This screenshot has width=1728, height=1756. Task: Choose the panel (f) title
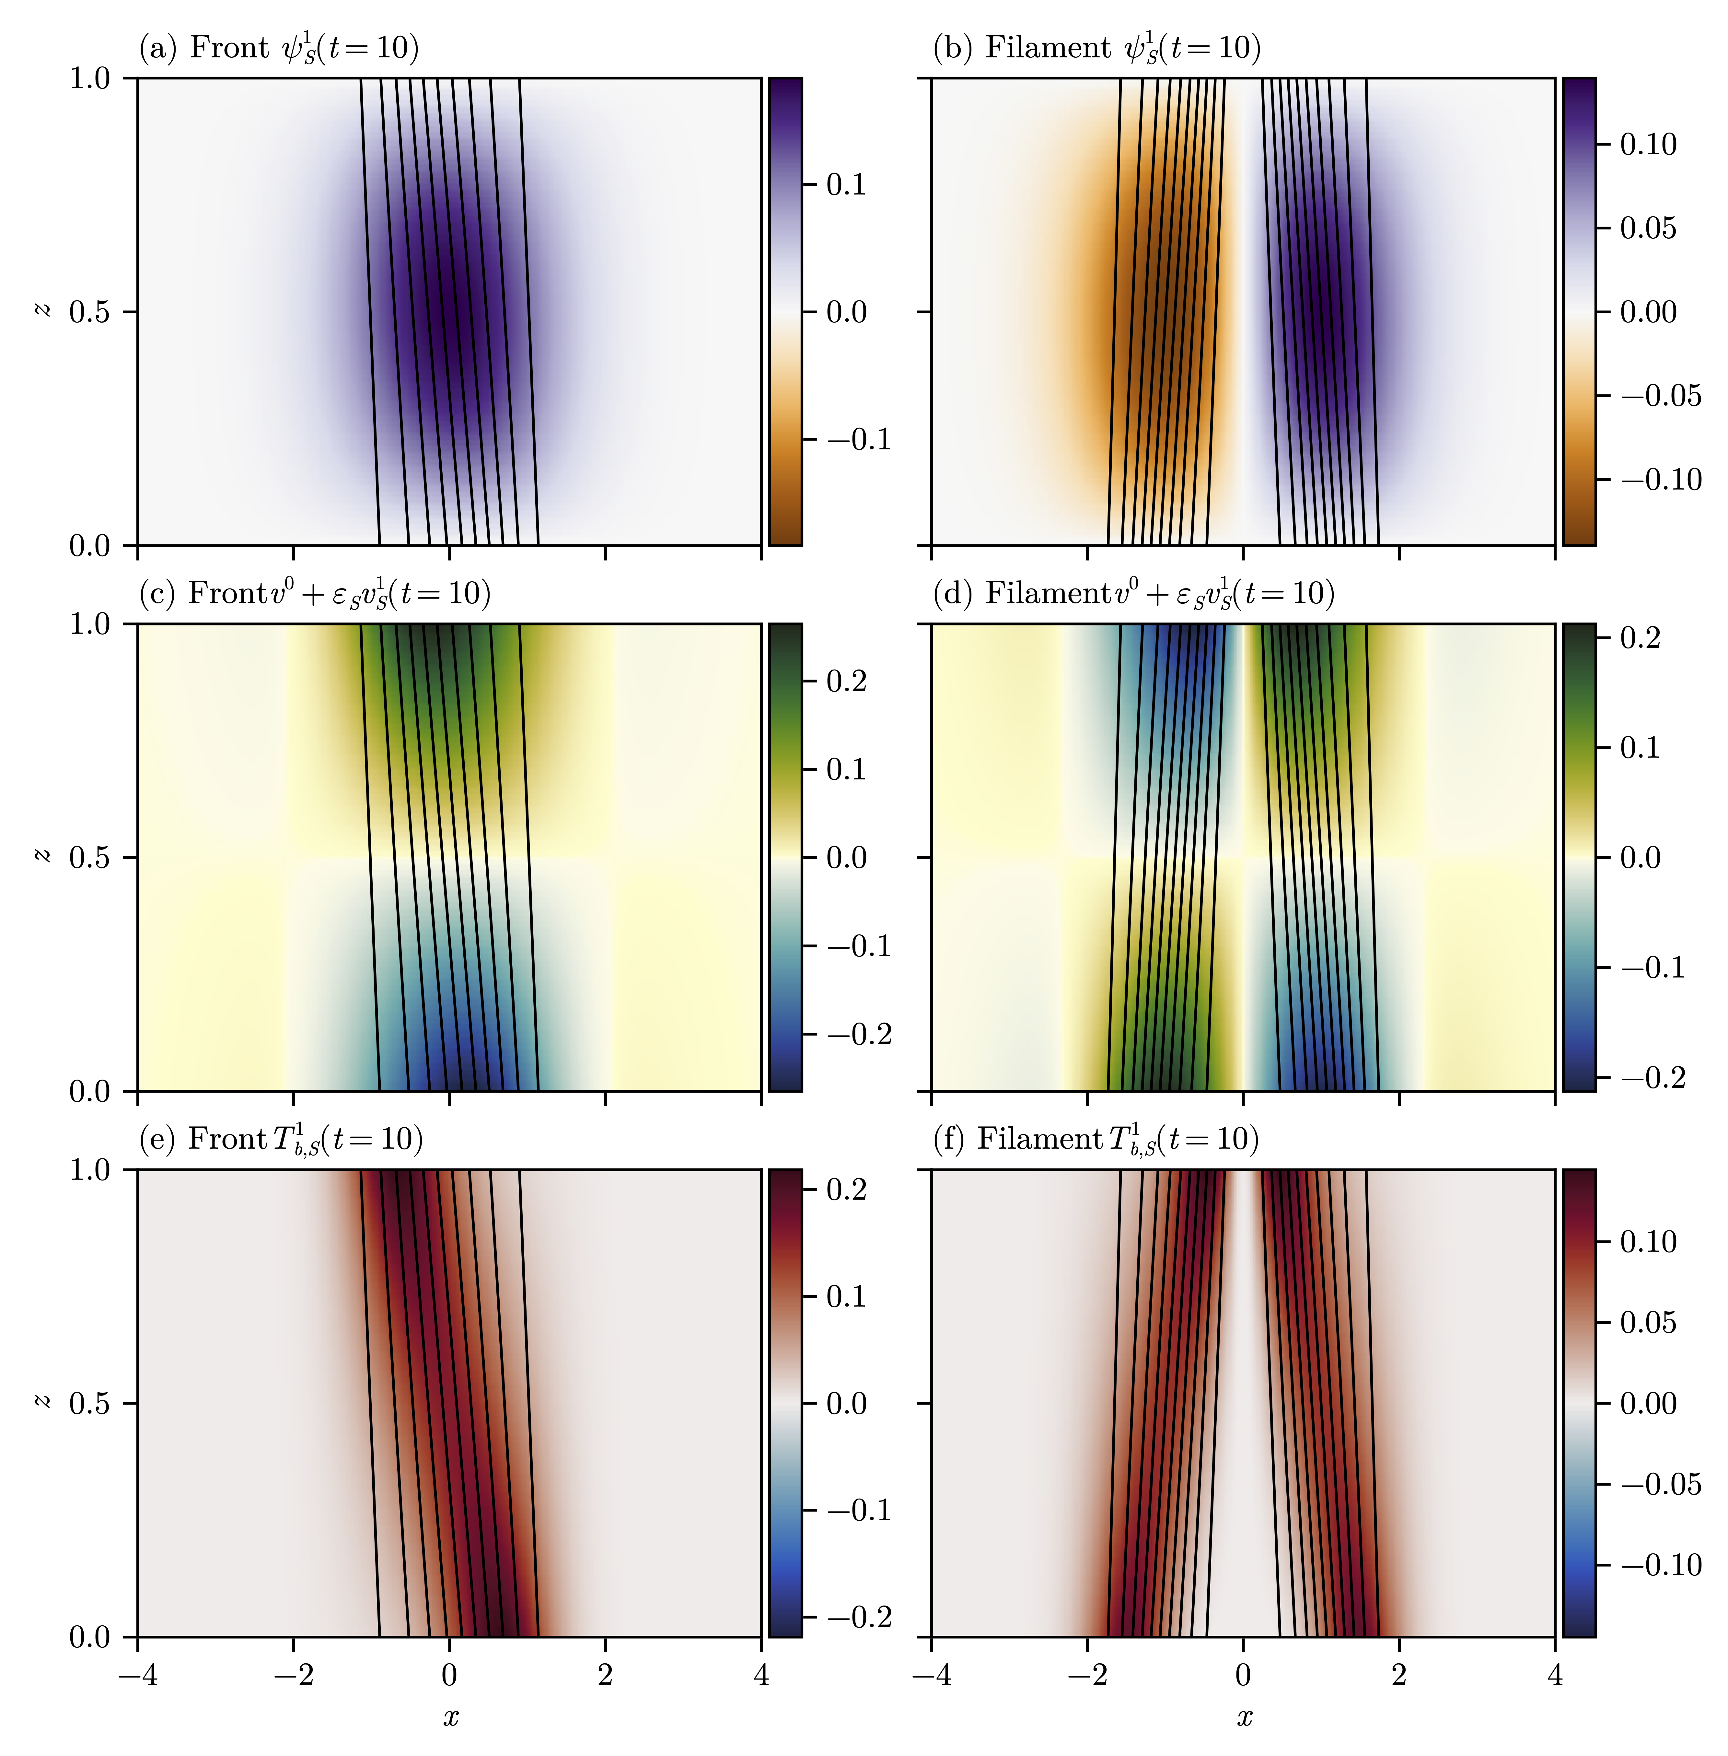tap(1096, 1140)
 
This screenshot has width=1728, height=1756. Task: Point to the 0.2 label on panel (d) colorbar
tap(1640, 638)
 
